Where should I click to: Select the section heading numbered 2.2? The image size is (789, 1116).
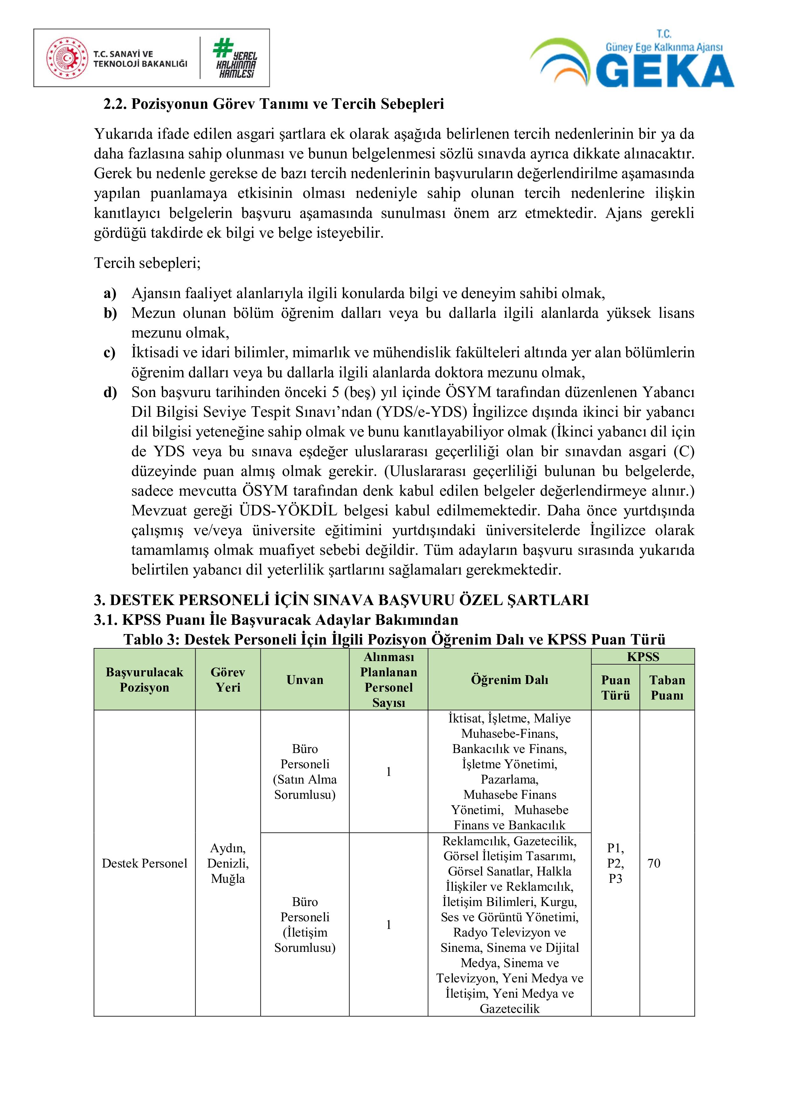[273, 104]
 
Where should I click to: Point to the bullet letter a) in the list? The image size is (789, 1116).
[110, 294]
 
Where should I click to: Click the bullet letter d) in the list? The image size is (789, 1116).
[110, 392]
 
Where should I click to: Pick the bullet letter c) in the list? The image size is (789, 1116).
[110, 353]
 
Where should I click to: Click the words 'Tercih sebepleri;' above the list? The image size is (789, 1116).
[147, 263]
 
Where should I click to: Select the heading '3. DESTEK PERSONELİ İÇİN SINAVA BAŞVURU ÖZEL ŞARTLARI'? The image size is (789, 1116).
[341, 600]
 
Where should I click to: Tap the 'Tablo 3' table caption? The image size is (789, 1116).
[394, 639]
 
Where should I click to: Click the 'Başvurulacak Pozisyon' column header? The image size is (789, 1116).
[144, 680]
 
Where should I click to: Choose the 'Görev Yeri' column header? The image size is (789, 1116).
[228, 680]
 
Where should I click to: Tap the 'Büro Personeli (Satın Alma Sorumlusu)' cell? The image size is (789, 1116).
[305, 771]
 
